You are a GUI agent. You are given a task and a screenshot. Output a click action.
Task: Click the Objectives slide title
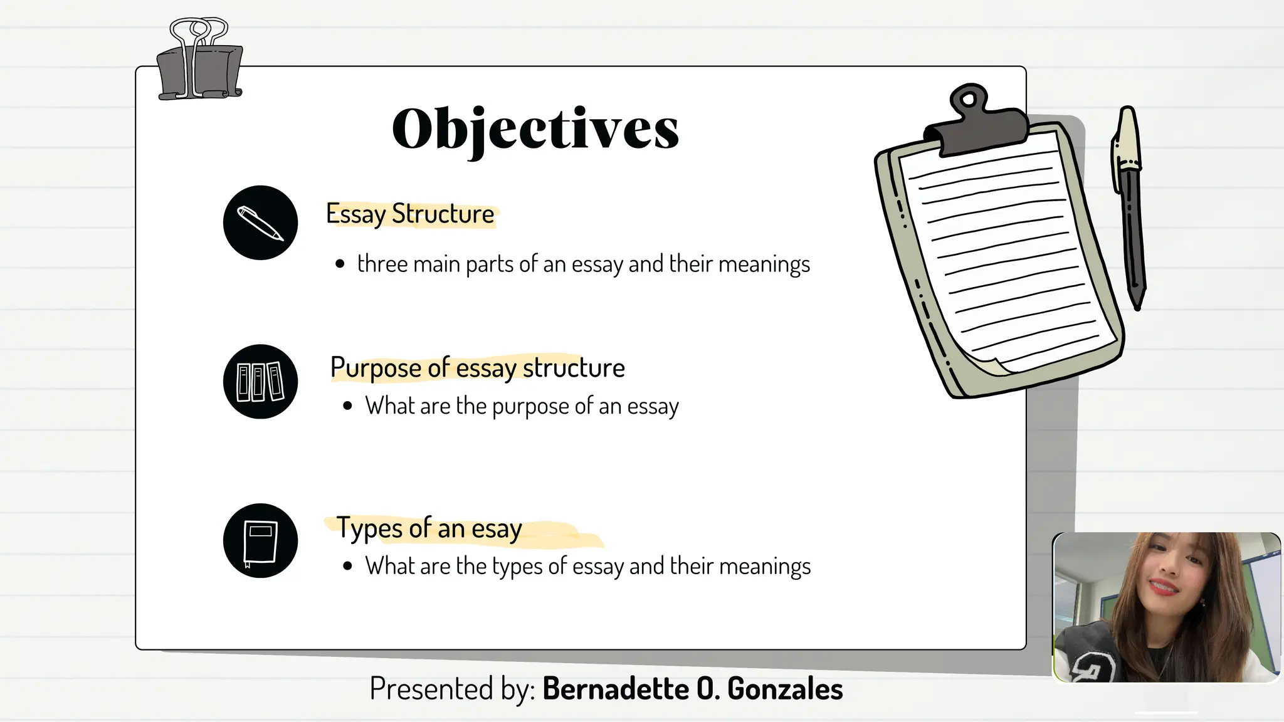(535, 128)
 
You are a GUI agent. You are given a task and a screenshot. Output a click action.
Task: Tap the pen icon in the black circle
(260, 222)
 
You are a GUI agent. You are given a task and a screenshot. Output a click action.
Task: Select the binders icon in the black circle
(260, 381)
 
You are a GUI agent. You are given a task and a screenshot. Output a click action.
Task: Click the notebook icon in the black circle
(260, 540)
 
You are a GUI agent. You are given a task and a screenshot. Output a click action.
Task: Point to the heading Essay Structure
(410, 214)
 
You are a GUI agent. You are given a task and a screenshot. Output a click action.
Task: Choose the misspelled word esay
(497, 529)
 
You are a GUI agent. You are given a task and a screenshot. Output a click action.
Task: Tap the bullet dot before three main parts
(340, 264)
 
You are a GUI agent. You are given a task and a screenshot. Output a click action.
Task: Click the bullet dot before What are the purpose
(348, 406)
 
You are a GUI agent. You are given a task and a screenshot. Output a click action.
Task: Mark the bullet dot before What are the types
(348, 566)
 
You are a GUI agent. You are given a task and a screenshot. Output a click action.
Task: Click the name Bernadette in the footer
(615, 689)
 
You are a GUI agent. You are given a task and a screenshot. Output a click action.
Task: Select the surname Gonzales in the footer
(785, 689)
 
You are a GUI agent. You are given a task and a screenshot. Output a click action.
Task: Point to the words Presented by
(452, 689)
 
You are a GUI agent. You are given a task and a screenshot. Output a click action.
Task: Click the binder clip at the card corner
(199, 63)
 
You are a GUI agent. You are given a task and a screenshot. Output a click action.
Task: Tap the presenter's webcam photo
(1166, 607)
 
